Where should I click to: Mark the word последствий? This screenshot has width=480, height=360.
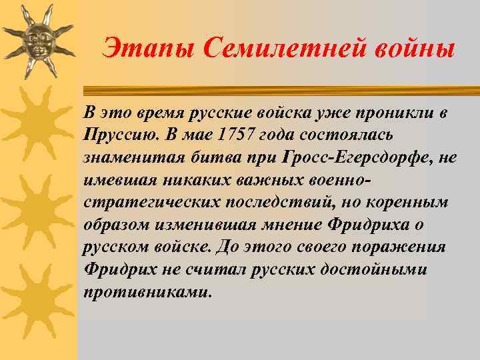point(275,203)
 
